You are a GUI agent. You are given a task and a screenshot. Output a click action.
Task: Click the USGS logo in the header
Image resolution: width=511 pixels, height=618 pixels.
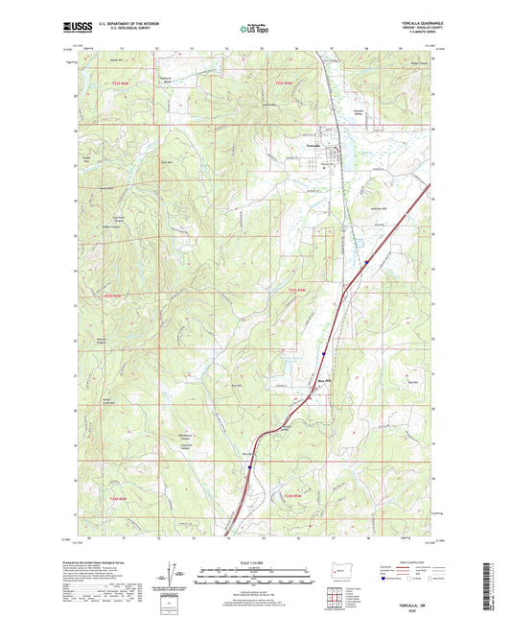click(x=78, y=28)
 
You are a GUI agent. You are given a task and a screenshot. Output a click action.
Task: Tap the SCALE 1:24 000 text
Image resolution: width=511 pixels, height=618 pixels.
click(x=255, y=562)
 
